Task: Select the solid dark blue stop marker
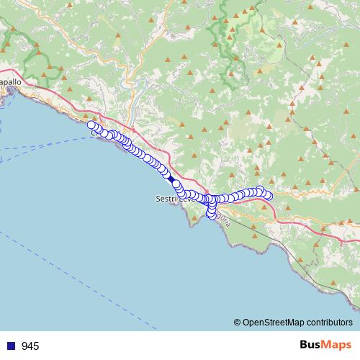point(171,178)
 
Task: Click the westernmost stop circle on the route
point(91,125)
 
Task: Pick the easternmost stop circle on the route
point(269,195)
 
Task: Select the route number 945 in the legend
point(30,346)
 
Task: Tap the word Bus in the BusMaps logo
point(312,346)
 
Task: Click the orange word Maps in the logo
point(338,346)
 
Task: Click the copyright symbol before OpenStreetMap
point(238,323)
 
